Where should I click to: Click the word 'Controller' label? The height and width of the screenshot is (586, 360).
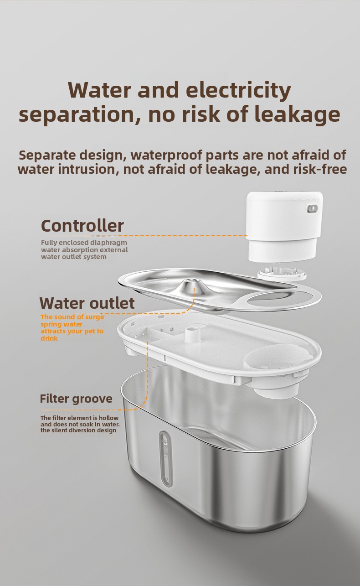[82, 226]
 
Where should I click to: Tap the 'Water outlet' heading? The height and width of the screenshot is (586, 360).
[87, 303]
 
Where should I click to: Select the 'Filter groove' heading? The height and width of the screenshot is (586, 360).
[76, 399]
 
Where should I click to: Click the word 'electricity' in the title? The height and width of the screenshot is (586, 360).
[238, 90]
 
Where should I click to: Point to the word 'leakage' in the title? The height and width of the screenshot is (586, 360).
[297, 115]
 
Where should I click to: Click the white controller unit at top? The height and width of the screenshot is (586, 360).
[284, 227]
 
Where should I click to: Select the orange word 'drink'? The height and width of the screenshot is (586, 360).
[49, 338]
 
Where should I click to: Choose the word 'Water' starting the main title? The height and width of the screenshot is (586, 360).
[100, 90]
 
